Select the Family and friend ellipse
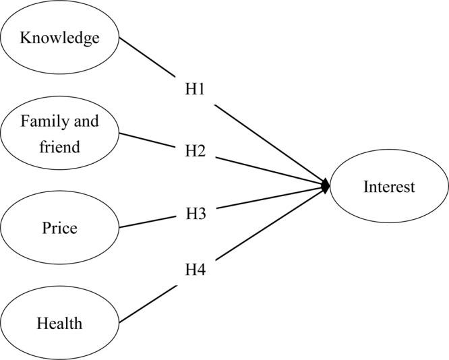click(59, 133)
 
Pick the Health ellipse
click(59, 322)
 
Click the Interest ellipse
click(389, 187)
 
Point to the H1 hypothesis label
click(195, 89)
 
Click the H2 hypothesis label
click(195, 151)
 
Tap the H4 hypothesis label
click(195, 271)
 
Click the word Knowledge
click(59, 37)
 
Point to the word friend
click(59, 146)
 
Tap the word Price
click(59, 228)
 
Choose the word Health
click(59, 324)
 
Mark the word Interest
click(389, 187)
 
